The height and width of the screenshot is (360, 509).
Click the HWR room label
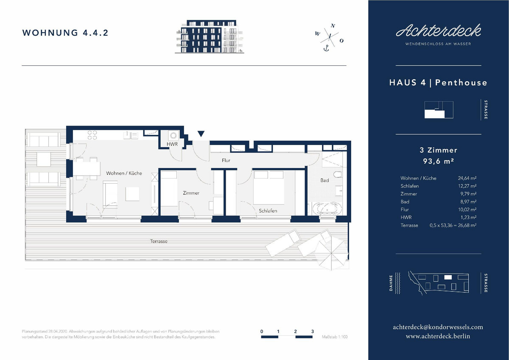point(172,144)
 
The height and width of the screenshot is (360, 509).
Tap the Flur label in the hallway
point(226,160)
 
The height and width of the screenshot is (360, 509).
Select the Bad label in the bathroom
point(324,180)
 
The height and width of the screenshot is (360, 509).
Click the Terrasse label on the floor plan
point(159,241)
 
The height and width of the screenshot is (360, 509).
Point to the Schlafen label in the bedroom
point(268,211)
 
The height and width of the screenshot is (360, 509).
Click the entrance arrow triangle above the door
point(201,134)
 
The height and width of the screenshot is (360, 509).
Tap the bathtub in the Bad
point(327,209)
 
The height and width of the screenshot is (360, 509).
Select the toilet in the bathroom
point(338,174)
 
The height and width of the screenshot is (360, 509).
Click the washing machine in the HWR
point(173,136)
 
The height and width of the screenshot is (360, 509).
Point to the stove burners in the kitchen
point(92,135)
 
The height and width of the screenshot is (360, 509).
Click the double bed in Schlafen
point(269,187)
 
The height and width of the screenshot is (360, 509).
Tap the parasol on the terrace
point(332,253)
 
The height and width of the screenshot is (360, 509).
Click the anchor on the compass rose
point(326,48)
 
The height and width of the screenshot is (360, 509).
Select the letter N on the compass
point(333,26)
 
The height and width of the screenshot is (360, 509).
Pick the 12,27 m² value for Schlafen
point(467,186)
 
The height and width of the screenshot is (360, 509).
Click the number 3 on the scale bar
point(313,331)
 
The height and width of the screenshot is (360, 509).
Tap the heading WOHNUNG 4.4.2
point(65,33)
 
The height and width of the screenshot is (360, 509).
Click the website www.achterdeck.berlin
point(438,336)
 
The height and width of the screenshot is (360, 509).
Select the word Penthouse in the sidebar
point(461,82)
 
